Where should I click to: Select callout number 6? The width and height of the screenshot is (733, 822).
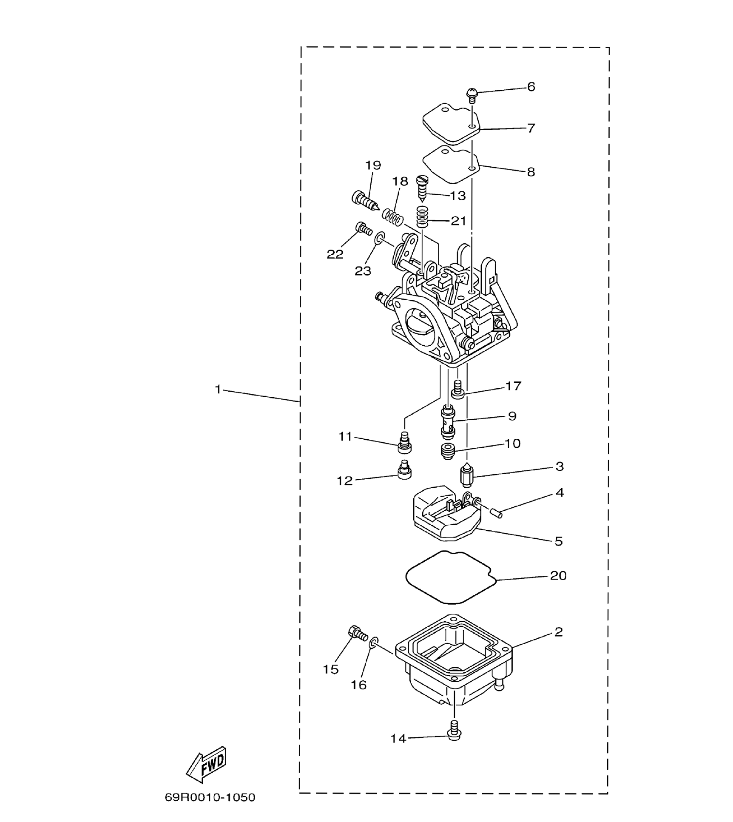click(x=531, y=87)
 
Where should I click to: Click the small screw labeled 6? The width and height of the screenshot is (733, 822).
click(x=472, y=95)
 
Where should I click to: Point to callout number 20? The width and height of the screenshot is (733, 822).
click(x=558, y=575)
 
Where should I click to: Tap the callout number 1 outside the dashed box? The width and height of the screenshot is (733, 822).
click(x=218, y=389)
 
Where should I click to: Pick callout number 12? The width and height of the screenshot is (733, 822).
click(x=344, y=481)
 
